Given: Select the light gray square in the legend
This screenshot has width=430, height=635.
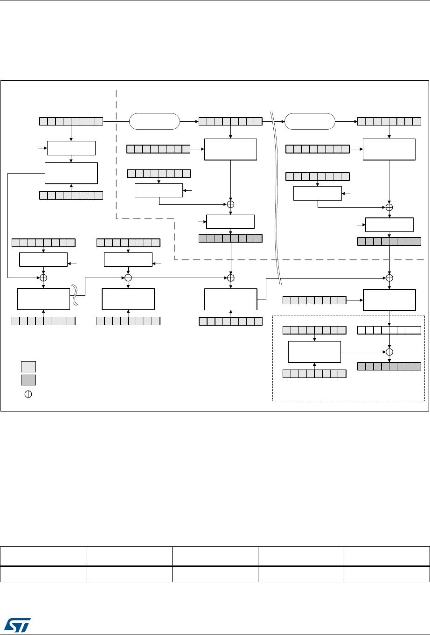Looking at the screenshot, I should pyautogui.click(x=28, y=366).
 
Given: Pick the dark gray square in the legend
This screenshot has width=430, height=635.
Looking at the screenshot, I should pyautogui.click(x=28, y=379).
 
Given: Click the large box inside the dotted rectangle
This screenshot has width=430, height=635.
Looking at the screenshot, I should pyautogui.click(x=315, y=352).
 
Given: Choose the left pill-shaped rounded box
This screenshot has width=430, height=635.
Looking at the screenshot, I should pyautogui.click(x=154, y=121).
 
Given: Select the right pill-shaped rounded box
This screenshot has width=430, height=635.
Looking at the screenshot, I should pyautogui.click(x=310, y=121).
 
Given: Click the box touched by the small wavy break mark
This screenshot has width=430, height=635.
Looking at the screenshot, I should pyautogui.click(x=43, y=299).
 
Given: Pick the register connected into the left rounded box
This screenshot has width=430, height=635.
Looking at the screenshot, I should pyautogui.click(x=71, y=122).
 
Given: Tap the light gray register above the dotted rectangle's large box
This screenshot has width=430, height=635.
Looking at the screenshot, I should pyautogui.click(x=315, y=330).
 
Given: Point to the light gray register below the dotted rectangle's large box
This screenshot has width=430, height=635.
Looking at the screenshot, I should pyautogui.click(x=315, y=373).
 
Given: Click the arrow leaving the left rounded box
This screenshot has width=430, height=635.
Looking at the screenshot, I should pyautogui.click(x=189, y=122).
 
